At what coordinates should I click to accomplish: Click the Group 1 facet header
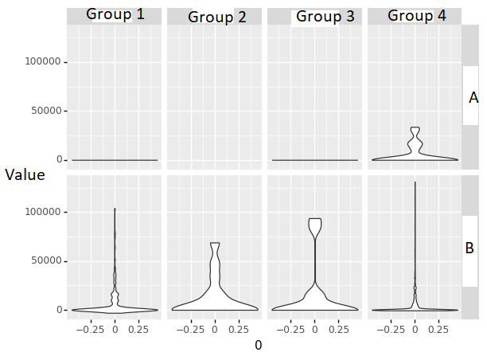(x=115, y=14)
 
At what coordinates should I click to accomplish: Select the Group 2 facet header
(x=216, y=18)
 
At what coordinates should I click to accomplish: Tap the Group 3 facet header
(x=318, y=17)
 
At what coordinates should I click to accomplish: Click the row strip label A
(x=473, y=98)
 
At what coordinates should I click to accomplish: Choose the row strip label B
(x=469, y=248)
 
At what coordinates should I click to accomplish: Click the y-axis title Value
(x=25, y=175)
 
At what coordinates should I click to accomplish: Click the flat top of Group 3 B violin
(x=315, y=219)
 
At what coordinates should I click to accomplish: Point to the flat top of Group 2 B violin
(x=215, y=243)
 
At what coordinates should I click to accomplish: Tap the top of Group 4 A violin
(x=415, y=127)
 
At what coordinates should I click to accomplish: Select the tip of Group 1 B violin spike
(x=115, y=209)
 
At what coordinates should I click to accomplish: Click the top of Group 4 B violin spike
(x=415, y=182)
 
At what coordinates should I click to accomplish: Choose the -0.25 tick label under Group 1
(x=91, y=327)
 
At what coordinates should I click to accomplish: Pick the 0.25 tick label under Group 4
(x=438, y=327)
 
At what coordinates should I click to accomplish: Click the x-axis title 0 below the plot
(x=258, y=346)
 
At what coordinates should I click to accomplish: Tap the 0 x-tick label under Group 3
(x=315, y=327)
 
